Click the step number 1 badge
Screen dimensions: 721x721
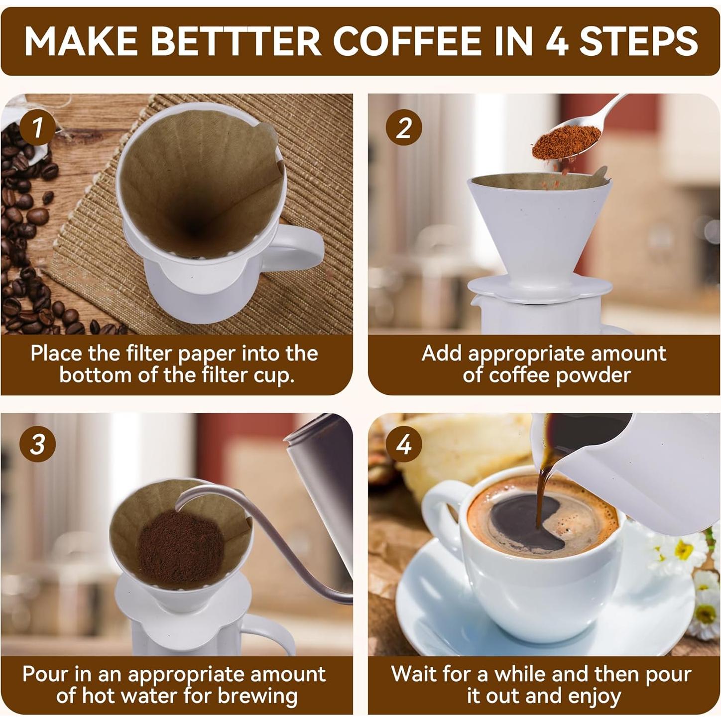pos(37,128)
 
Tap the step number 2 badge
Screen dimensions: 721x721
pos(404,128)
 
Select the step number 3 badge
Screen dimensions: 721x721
pos(37,444)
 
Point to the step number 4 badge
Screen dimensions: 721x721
pos(404,444)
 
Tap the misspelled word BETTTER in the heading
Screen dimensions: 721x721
pos(236,41)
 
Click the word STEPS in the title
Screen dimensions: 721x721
pos(639,41)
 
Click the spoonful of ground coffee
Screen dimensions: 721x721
pos(566,142)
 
